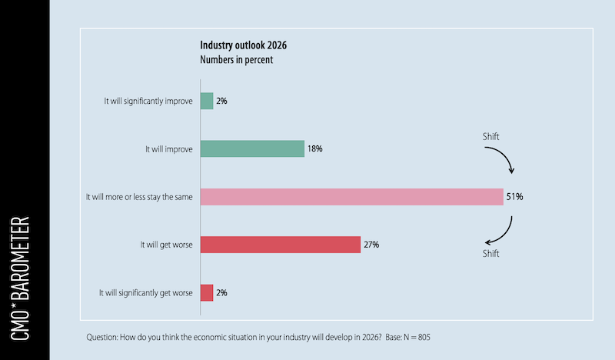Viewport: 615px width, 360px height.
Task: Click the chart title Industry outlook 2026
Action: click(x=244, y=45)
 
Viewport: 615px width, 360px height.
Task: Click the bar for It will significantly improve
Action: click(x=207, y=101)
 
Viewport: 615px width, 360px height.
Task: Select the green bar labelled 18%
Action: click(x=252, y=148)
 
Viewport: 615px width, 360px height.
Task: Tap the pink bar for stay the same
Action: click(x=351, y=196)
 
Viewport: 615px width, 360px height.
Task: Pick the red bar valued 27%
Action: click(x=280, y=245)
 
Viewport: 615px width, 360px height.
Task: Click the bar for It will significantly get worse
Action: click(x=207, y=292)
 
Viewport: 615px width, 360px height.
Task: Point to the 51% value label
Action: click(x=514, y=197)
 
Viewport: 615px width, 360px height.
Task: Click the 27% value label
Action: click(x=371, y=245)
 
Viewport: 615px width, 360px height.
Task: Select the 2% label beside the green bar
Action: click(x=221, y=101)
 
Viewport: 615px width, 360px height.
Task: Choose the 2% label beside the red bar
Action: click(x=221, y=292)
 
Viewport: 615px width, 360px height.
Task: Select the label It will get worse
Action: click(x=165, y=245)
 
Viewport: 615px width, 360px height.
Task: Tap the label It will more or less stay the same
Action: click(x=139, y=197)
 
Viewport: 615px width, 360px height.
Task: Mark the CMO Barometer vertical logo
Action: click(x=24, y=280)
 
